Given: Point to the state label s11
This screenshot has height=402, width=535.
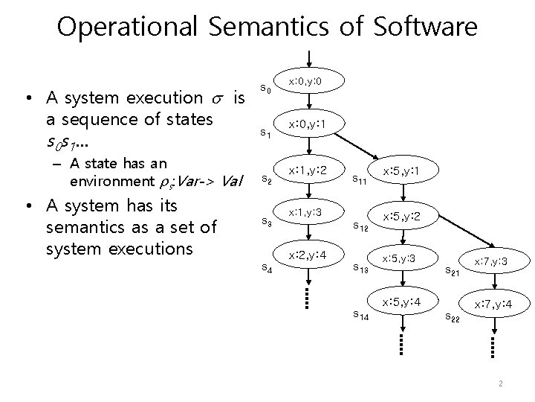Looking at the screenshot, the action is click(359, 179).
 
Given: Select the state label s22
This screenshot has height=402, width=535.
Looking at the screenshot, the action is click(452, 319).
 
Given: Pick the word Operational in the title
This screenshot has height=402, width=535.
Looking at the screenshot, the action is click(123, 28).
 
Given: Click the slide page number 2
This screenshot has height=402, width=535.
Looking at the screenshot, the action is click(502, 384).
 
